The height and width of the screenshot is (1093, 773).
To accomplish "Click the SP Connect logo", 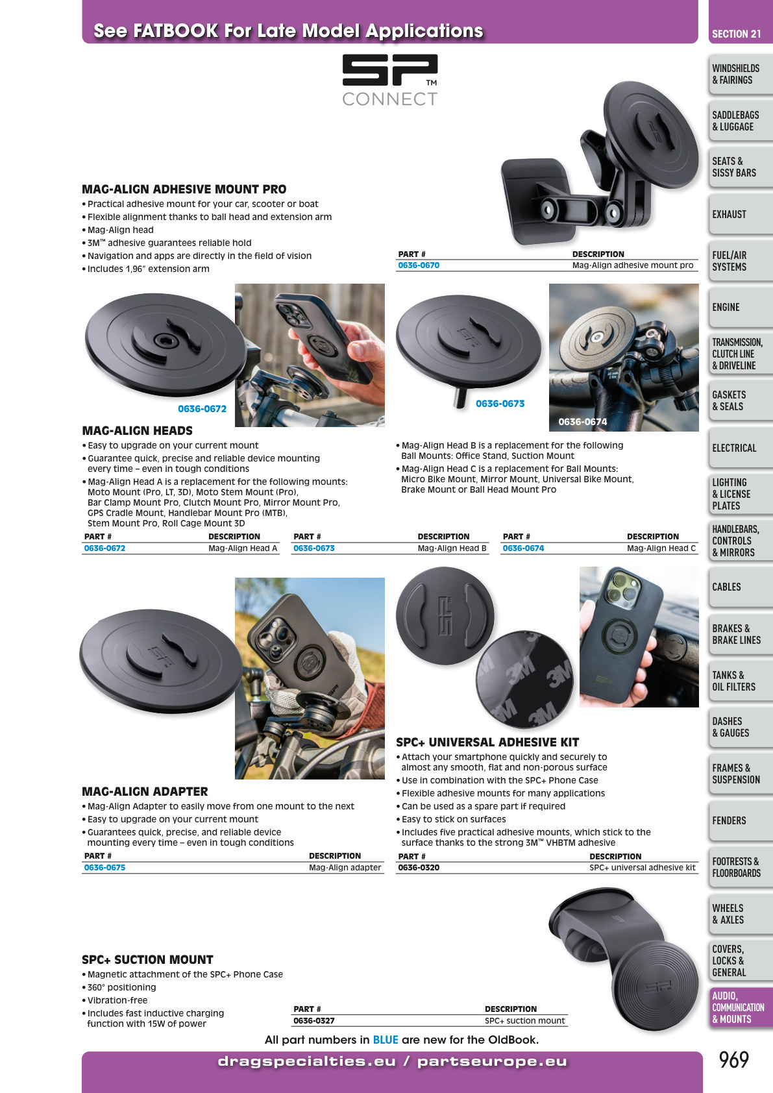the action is coord(390,80).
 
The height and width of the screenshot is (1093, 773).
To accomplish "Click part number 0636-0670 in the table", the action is coord(419,265).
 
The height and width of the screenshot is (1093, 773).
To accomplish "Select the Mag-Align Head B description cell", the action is coord(452,548).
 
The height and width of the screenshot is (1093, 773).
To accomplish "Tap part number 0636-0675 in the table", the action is coord(104,868).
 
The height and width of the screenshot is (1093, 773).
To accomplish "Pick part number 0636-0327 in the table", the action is coord(313,1021).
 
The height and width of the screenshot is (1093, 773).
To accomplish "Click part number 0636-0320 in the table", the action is coord(419,868).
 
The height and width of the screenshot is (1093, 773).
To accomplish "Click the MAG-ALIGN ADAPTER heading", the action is coord(145,791).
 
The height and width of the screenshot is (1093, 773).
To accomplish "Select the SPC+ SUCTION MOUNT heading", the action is coord(147,960).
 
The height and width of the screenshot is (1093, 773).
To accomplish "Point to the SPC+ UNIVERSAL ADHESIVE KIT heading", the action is coord(487,742).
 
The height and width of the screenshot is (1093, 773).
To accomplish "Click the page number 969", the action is coord(733,1060).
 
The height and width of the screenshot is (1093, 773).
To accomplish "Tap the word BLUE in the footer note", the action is coord(386,1040).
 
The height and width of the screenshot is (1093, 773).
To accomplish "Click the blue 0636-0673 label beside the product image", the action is coord(500,404).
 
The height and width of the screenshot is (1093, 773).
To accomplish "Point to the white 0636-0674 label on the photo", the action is coord(583,422).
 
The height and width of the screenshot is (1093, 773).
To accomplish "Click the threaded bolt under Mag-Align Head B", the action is coord(460,398).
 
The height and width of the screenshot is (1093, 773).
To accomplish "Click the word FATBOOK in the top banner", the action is coord(176,31).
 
